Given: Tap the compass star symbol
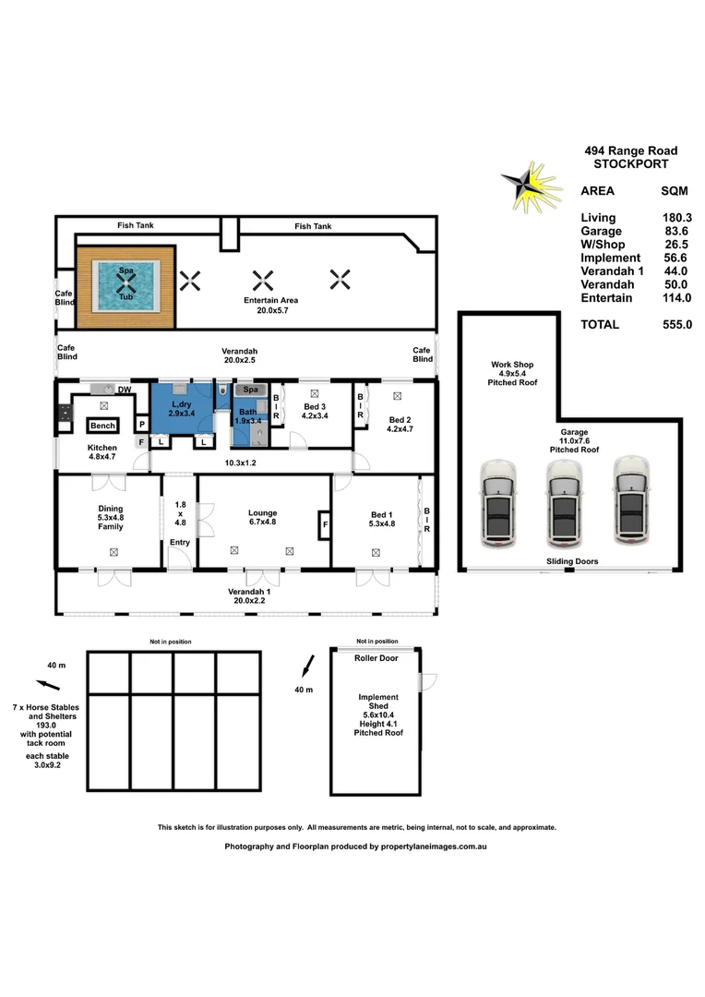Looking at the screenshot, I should tap(528, 184).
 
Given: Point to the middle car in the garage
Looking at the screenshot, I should tap(562, 503).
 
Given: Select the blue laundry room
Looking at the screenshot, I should tap(181, 412).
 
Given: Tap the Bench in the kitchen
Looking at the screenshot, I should tap(102, 426).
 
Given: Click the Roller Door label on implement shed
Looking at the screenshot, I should tap(376, 659).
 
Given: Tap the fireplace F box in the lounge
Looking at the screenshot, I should tap(323, 526).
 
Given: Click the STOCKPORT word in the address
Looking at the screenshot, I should tap(631, 164).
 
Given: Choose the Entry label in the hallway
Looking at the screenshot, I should tap(179, 542).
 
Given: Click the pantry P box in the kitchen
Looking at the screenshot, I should tap(141, 425).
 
